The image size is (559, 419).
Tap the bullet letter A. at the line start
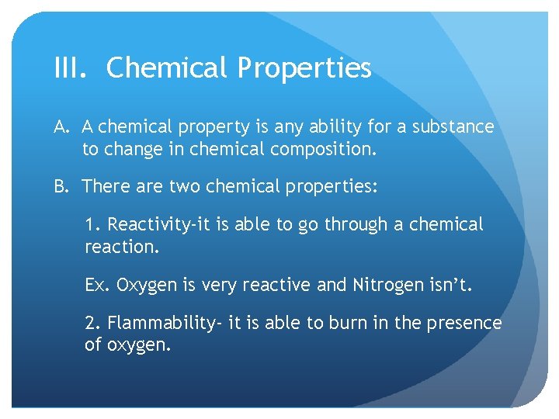point(64,126)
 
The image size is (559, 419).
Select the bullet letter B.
point(64,186)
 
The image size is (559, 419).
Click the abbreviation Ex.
point(98,285)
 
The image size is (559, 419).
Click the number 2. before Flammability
point(93,323)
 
